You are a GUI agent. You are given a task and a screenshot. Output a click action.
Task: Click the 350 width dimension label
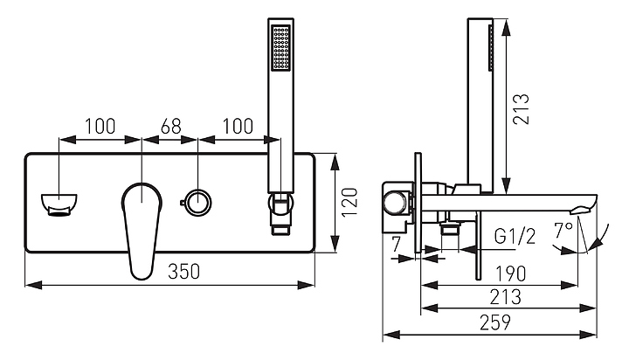tap(184, 272)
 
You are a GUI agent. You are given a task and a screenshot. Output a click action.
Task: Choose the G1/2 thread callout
tap(514, 236)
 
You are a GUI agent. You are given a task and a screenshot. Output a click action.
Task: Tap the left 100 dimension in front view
tap(100, 125)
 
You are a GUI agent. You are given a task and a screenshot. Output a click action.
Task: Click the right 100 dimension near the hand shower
tap(238, 125)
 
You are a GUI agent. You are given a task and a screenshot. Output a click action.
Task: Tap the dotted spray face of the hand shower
tap(280, 49)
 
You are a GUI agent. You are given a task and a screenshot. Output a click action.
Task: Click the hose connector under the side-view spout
tap(450, 230)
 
